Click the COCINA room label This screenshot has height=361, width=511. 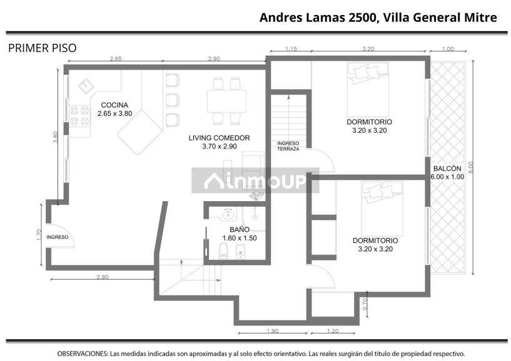click(x=114, y=105)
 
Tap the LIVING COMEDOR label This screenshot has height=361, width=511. click(x=219, y=138)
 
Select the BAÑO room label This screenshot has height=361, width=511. click(x=240, y=229)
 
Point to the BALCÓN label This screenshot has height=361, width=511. click(x=447, y=169)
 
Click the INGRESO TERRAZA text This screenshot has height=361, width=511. click(x=288, y=146)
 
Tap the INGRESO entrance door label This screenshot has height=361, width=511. click(x=58, y=237)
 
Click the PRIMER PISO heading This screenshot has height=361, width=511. click(x=43, y=48)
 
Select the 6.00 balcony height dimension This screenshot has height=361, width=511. click(x=470, y=167)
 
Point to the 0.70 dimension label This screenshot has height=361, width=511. click(x=365, y=304)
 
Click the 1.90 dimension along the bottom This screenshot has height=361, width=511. click(x=273, y=331)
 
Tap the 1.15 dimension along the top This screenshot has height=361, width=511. click(x=291, y=49)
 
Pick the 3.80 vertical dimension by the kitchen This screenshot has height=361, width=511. click(x=56, y=137)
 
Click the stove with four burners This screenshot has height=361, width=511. click(x=80, y=116)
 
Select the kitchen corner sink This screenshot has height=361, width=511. click(x=86, y=86)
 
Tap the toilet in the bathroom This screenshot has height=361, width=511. click(x=223, y=251)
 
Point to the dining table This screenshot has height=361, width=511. click(x=227, y=102)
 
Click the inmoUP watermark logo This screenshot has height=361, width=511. click(x=255, y=180)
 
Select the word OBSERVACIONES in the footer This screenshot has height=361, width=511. click(x=82, y=353)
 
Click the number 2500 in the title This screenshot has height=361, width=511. click(x=362, y=18)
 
